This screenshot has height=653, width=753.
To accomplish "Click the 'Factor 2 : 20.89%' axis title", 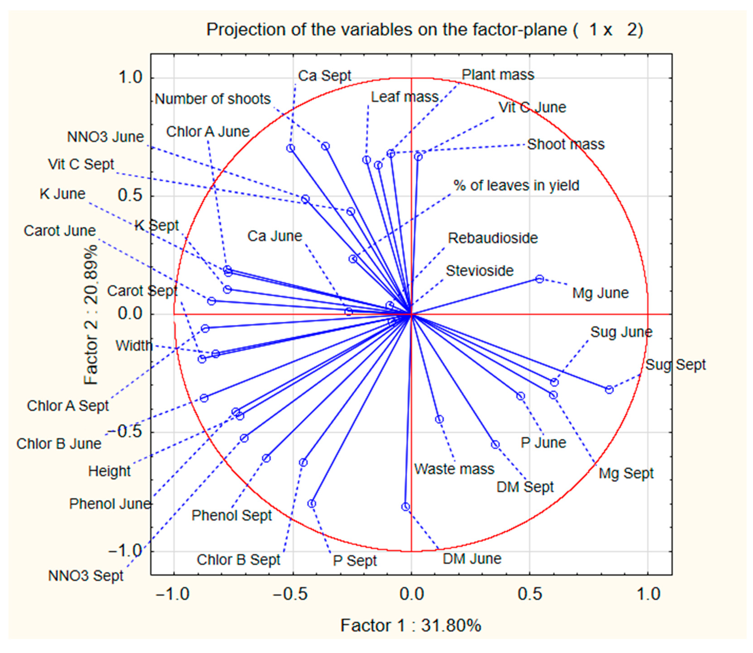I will coord(91,314).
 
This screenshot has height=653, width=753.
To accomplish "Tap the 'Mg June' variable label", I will coord(600,293).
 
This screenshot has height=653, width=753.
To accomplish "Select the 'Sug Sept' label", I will coord(675,365).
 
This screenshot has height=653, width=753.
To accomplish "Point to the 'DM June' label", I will coord(472,559).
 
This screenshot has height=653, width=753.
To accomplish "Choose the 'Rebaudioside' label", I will coord(493,238).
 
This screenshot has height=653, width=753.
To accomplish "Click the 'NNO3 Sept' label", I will coord(86,576).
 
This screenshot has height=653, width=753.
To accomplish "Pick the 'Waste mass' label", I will coord(454,469).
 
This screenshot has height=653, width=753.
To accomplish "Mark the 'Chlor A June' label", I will coord(207,132).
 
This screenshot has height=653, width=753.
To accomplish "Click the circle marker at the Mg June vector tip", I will coord(539,279).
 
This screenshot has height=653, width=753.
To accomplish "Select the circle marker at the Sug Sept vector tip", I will coord(609,390).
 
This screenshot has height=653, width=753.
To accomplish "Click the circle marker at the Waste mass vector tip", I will coord(439,420).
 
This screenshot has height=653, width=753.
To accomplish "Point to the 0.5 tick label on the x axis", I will coord(530,594).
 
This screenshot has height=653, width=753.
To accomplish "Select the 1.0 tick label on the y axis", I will coord(130,78).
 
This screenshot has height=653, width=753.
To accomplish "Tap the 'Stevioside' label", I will coord(479,271).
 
